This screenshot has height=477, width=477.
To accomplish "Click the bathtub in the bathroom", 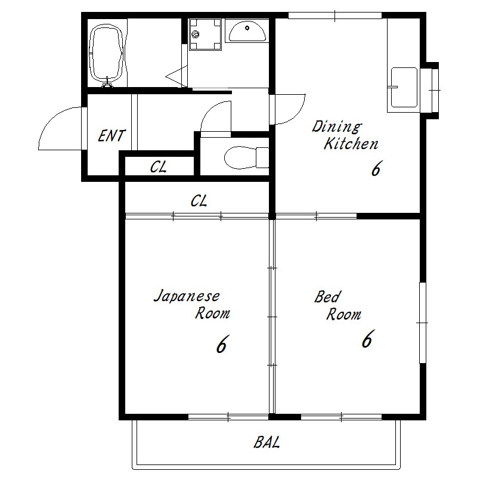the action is [107, 55].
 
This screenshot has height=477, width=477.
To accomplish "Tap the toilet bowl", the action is [246, 157].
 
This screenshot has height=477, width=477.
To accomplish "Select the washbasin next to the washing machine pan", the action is [247, 32].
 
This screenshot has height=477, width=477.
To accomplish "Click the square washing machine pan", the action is [205, 34].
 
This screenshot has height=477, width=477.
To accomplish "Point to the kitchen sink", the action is [404, 87].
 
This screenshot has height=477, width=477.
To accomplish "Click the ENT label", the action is [111, 136].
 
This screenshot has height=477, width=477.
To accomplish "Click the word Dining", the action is [337, 126].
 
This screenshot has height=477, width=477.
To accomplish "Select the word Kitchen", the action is [351, 144].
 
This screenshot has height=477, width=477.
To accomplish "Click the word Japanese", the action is [187, 296].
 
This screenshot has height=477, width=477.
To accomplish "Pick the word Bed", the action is [327, 296].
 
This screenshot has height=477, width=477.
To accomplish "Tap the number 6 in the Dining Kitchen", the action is [376, 168].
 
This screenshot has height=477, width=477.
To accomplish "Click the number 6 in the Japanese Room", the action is [221, 344].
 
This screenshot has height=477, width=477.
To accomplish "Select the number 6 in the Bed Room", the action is [367, 339].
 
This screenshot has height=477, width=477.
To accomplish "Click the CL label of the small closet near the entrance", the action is [158, 167].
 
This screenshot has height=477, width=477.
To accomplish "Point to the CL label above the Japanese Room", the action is [199, 201].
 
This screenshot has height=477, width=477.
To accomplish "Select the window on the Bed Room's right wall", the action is [423, 323].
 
